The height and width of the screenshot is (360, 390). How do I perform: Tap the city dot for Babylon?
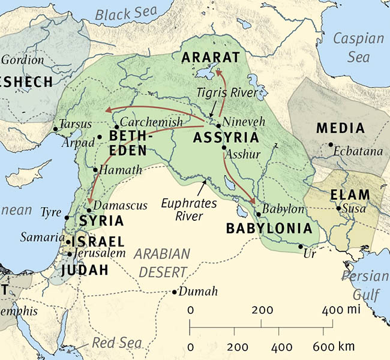pos(259,214)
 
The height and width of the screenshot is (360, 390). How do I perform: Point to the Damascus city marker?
pos(89,210)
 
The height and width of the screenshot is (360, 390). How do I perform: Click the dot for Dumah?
pos(174,292)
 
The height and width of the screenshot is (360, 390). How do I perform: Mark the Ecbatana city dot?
pos(331,144)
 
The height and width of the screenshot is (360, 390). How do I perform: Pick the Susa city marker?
pos(338,209)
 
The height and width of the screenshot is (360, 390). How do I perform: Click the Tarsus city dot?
pos(55,128)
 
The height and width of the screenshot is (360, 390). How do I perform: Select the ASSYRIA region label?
pos(226,137)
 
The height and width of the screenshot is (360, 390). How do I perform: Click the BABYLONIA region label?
pos(269,229)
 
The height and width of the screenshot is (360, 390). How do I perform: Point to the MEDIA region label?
pos(340,128)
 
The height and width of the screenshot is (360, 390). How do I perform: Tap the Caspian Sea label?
pos(359,47)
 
